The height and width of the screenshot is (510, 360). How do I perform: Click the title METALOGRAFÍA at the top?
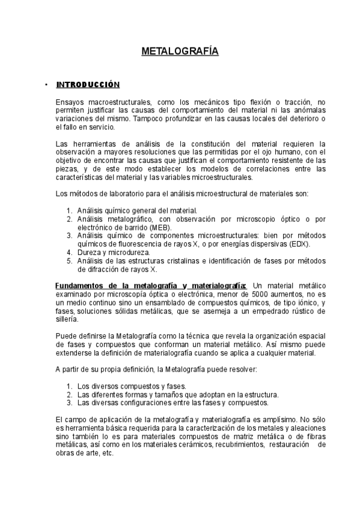180,52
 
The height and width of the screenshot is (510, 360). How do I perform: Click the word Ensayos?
70,103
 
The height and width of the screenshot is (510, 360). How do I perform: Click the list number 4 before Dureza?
69,253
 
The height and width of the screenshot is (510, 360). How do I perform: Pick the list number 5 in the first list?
69,262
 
